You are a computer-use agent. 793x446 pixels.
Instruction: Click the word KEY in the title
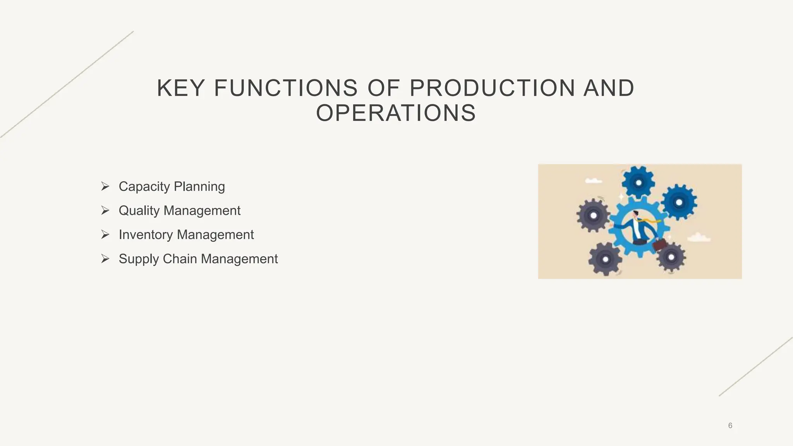coord(180,88)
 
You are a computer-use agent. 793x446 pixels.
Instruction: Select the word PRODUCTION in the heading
coord(493,88)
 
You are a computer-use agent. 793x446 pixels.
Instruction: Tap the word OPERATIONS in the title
coord(396,113)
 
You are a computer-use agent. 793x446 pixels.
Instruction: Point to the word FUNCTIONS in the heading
coord(286,88)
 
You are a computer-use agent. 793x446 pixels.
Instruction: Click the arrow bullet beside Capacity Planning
coord(105,186)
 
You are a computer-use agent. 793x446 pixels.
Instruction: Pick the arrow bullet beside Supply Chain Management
coord(105,259)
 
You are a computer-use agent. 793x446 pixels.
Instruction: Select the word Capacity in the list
coord(144,187)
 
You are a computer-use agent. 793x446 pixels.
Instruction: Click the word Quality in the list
coord(139,211)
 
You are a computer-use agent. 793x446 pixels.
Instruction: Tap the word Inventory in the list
coord(146,235)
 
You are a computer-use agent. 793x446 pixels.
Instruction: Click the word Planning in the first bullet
coord(199,187)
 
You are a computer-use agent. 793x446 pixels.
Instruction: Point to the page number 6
coord(730,425)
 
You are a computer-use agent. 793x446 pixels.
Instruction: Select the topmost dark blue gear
coord(638,183)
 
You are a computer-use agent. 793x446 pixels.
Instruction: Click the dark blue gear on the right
coord(678,202)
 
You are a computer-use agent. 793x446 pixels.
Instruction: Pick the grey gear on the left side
coord(593,215)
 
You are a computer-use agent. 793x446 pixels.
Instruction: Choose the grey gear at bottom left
coord(605,259)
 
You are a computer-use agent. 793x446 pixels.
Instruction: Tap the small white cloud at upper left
coord(593,180)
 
